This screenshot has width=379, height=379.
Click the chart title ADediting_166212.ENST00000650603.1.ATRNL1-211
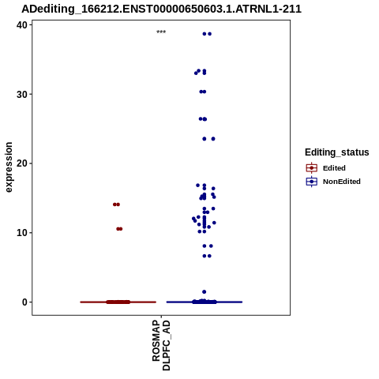click(161, 9)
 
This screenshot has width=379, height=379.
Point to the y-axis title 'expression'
click(9, 167)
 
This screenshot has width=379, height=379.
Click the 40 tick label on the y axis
click(22, 25)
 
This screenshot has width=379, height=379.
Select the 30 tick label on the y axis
click(22, 94)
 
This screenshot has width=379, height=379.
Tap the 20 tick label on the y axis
click(22, 163)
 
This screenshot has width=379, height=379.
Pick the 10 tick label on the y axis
click(22, 233)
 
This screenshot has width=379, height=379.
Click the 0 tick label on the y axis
click(24, 302)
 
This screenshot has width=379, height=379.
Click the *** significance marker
click(161, 32)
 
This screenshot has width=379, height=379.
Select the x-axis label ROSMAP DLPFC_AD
click(161, 345)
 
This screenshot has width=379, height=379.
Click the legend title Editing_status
click(336, 152)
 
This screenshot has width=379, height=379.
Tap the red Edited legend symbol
click(312, 168)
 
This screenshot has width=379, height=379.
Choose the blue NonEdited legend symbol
click(312, 182)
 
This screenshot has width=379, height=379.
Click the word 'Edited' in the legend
click(334, 168)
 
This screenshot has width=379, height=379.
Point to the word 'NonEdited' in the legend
click(342, 182)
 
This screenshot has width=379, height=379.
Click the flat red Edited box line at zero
click(118, 302)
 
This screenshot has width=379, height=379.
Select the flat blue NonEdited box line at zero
click(205, 302)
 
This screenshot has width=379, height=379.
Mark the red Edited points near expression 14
click(116, 205)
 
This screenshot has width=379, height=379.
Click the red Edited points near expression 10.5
click(119, 229)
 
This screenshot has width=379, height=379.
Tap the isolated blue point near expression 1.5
click(205, 292)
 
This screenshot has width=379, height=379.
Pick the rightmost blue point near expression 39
click(209, 34)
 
